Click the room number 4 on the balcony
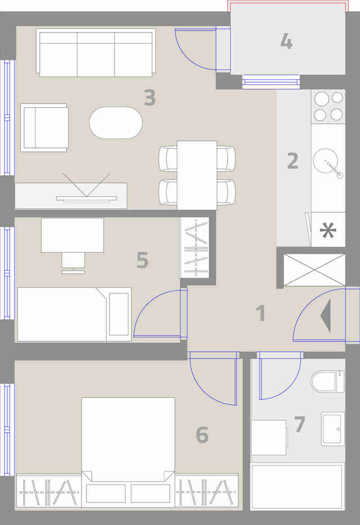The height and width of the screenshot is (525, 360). (286, 41)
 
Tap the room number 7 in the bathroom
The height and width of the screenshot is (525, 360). (300, 424)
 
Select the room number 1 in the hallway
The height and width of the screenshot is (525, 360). (261, 314)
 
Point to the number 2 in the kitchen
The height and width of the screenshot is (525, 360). (292, 161)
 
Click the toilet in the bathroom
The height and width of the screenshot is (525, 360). (327, 381)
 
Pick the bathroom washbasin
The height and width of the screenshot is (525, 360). (333, 429)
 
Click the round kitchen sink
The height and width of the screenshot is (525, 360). (325, 161)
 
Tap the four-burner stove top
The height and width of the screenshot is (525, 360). (328, 106)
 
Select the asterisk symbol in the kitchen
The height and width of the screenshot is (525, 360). (328, 230)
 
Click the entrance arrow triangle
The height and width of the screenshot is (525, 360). (326, 316)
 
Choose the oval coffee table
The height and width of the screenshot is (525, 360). (116, 123)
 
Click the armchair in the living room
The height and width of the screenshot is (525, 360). (45, 128)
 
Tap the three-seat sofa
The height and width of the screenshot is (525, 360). (96, 53)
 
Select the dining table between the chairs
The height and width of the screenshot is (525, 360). (197, 175)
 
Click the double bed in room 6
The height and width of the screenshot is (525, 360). (128, 451)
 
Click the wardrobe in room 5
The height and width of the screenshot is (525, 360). (194, 247)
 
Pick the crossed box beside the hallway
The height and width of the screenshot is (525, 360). (314, 270)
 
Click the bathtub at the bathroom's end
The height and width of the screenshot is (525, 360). (297, 486)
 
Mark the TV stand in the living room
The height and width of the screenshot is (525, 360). (71, 196)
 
